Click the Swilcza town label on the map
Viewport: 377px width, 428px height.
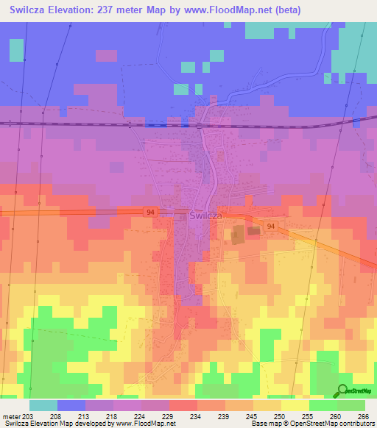click(x=206, y=216)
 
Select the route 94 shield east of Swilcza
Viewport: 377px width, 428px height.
click(x=271, y=227)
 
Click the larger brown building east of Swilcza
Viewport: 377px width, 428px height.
click(x=239, y=236)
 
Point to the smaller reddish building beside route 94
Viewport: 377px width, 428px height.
click(x=254, y=231)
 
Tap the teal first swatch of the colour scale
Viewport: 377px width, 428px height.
click(x=43, y=405)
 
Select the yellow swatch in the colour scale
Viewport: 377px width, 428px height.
click(x=295, y=405)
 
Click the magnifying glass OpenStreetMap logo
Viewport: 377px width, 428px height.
click(x=342, y=390)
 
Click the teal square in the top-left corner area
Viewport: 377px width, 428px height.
click(x=16, y=50)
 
